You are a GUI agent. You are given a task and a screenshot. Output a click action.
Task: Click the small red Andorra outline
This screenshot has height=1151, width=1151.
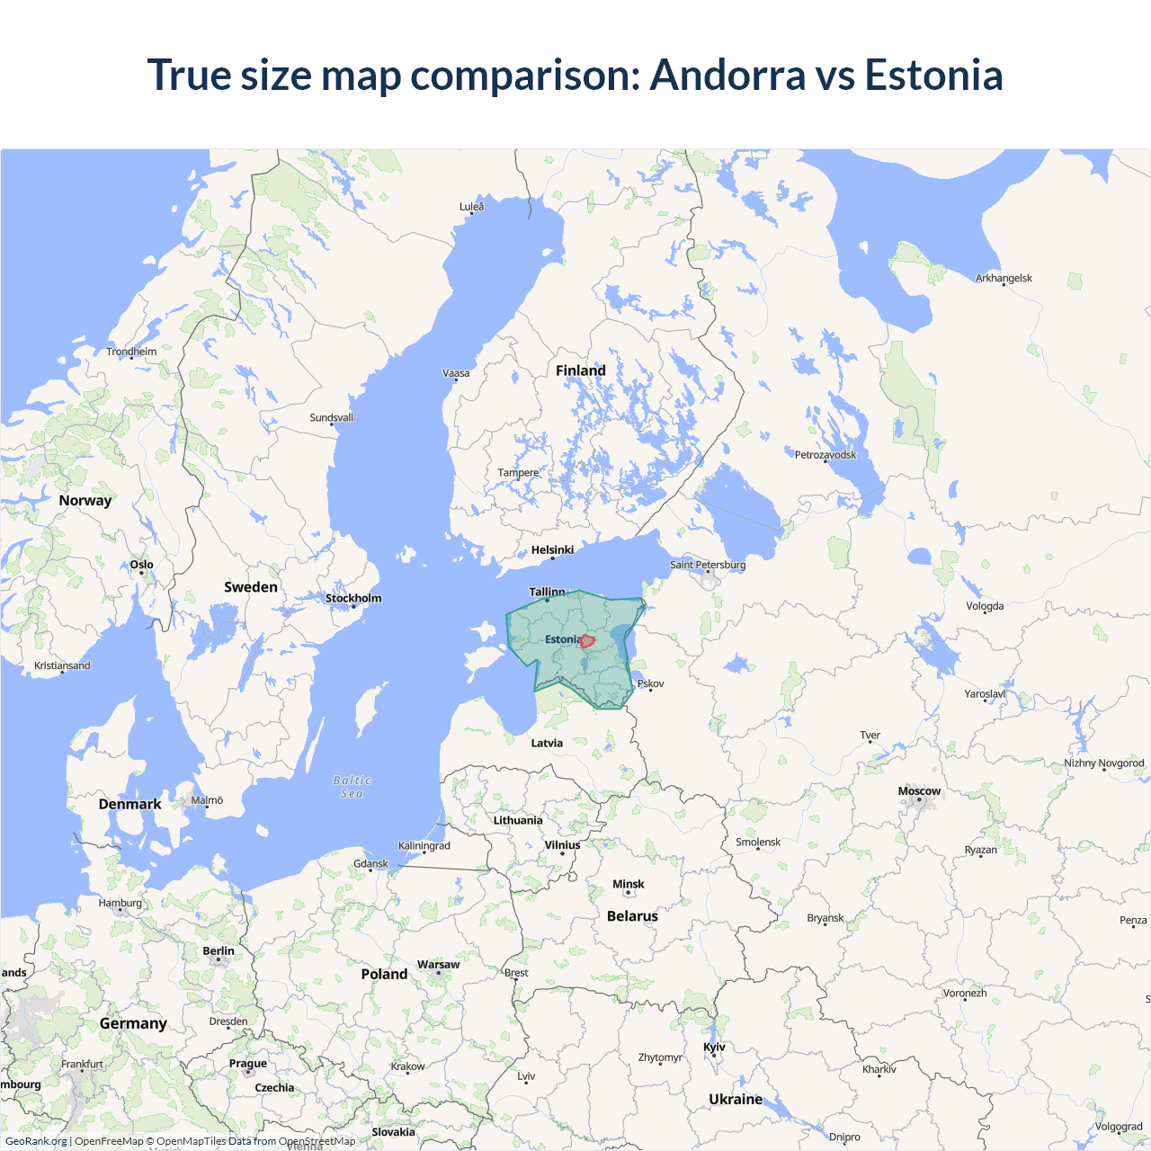tap(587, 641)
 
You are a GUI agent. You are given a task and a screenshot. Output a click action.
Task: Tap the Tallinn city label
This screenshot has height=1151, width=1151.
tap(547, 592)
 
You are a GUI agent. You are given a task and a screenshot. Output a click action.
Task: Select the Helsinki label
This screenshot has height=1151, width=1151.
tap(552, 549)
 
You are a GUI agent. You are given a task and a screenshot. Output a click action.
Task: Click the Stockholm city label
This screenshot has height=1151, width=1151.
tap(353, 598)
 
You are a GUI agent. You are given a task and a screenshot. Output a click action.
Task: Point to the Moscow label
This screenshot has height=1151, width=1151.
tap(919, 791)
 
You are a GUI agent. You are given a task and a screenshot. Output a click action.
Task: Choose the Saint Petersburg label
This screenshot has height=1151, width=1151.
tap(708, 565)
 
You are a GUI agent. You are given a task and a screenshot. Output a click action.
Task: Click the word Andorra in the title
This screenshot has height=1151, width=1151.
tap(727, 75)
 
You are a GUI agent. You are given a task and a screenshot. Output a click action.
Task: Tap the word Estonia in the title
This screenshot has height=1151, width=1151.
tap(933, 75)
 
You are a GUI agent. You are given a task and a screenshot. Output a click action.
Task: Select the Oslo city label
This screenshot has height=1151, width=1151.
tap(141, 565)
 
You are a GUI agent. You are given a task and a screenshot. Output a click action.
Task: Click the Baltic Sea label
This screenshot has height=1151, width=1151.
tap(352, 787)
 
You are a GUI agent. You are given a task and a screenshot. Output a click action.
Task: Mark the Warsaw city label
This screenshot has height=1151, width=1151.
tap(438, 964)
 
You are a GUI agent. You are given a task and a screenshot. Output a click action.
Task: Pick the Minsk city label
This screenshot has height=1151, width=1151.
tap(629, 884)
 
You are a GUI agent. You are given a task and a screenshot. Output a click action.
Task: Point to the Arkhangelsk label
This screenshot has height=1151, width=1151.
tap(1004, 278)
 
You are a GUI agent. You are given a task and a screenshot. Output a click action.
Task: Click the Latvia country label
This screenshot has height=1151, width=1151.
tap(547, 743)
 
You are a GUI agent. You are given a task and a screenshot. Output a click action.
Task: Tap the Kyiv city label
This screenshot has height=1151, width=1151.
tap(714, 1047)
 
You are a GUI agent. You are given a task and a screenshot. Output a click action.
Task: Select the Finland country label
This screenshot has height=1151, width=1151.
tap(581, 370)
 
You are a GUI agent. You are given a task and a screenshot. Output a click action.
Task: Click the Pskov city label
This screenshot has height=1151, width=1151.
tap(651, 683)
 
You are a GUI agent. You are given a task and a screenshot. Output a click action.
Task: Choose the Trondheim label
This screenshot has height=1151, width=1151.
tap(131, 352)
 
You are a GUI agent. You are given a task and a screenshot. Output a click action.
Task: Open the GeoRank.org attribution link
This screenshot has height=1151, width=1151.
tap(36, 1141)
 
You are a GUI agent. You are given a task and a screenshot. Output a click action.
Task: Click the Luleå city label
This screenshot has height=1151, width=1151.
tap(471, 207)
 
